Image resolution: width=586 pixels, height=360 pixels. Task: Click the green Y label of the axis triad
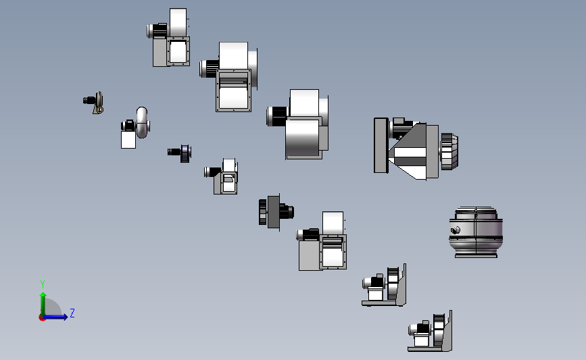click(43, 284)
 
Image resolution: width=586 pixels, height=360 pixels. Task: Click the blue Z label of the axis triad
click(72, 313)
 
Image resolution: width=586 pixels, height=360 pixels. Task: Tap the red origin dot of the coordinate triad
click(42, 318)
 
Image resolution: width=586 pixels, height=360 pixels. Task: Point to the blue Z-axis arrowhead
click(66, 317)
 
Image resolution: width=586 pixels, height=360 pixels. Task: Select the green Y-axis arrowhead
click(43, 295)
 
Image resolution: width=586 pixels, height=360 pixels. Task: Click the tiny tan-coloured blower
click(94, 102)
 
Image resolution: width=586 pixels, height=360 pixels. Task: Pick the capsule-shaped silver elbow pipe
click(143, 122)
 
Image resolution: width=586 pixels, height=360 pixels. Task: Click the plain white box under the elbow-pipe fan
click(128, 140)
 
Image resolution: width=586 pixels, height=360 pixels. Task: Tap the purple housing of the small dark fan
click(186, 153)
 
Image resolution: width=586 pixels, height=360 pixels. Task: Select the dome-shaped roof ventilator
click(476, 232)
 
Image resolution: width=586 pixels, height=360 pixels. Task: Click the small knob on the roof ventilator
click(455, 230)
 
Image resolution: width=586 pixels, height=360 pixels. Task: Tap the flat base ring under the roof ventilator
click(476, 255)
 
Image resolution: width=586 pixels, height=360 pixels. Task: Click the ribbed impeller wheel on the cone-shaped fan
click(449, 151)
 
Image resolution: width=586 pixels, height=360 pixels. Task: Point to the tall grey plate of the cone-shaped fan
click(381, 145)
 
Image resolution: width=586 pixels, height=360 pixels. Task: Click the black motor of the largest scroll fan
click(278, 116)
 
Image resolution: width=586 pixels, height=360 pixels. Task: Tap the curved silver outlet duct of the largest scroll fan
click(303, 137)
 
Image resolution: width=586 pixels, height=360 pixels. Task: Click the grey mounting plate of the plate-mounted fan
click(274, 211)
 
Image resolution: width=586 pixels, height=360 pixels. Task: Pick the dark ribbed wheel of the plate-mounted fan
click(263, 211)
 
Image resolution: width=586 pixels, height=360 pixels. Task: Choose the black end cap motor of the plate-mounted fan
click(287, 211)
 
